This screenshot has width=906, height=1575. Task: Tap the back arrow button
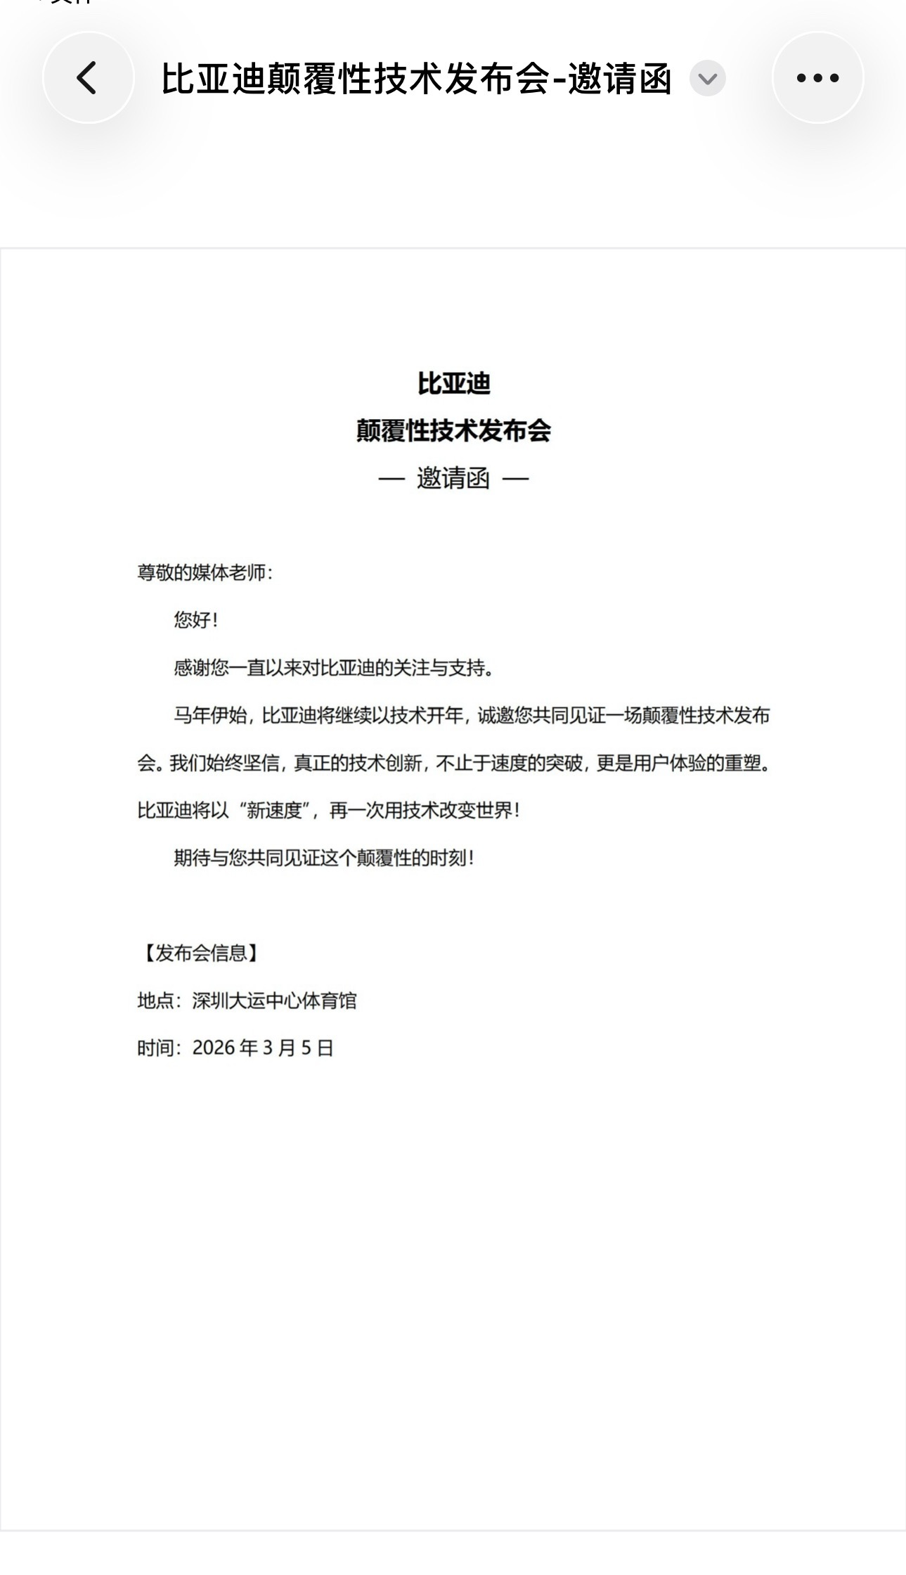click(x=87, y=77)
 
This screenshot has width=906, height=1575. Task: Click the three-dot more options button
click(x=817, y=77)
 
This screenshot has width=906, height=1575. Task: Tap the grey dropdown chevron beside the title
click(x=707, y=78)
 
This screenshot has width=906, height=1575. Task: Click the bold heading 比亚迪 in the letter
click(x=453, y=384)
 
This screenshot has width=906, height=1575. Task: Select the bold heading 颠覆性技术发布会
click(x=453, y=431)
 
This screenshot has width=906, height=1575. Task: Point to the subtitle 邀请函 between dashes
click(x=453, y=479)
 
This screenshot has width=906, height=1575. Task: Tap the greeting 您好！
click(x=196, y=620)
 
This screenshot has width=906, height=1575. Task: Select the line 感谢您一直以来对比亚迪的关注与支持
click(x=333, y=668)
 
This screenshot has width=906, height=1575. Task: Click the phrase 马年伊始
click(x=210, y=716)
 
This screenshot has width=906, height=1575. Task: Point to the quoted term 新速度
click(x=274, y=811)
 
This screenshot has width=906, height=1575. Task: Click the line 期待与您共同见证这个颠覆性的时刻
click(x=323, y=858)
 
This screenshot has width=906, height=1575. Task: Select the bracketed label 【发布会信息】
click(x=200, y=953)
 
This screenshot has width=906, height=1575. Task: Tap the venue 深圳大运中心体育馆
click(x=274, y=1001)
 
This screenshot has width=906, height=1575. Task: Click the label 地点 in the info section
click(x=155, y=1001)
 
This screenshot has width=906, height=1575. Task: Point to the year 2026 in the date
click(x=213, y=1048)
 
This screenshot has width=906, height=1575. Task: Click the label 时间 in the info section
click(x=155, y=1048)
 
